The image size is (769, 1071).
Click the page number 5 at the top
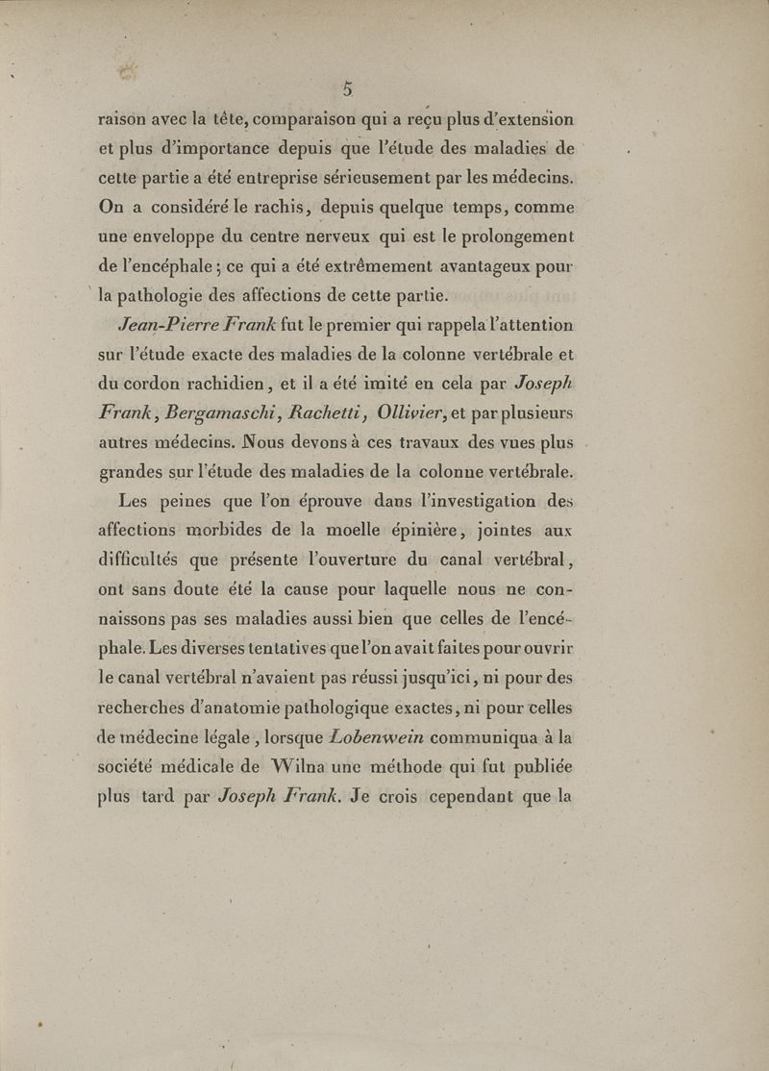click(349, 89)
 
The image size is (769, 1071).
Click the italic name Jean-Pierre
click(156, 325)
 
